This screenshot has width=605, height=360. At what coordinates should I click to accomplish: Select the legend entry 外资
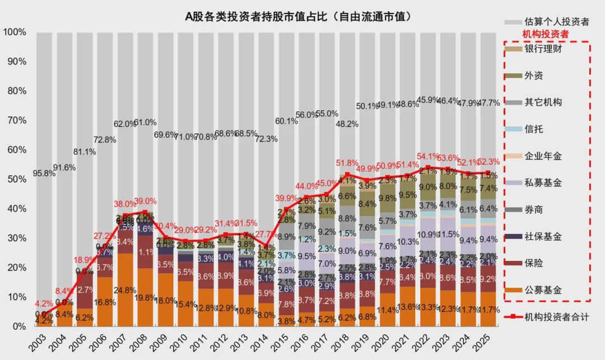tap(533, 76)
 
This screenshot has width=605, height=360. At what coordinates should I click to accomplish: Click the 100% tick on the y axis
tap(15, 32)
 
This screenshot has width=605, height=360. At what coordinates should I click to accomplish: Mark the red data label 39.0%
tap(145, 201)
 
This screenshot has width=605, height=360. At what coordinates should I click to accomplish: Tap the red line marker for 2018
tap(347, 175)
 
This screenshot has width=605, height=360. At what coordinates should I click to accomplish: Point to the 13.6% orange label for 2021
tap(407, 306)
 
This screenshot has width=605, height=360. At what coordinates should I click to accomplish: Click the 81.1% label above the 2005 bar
tap(84, 152)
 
